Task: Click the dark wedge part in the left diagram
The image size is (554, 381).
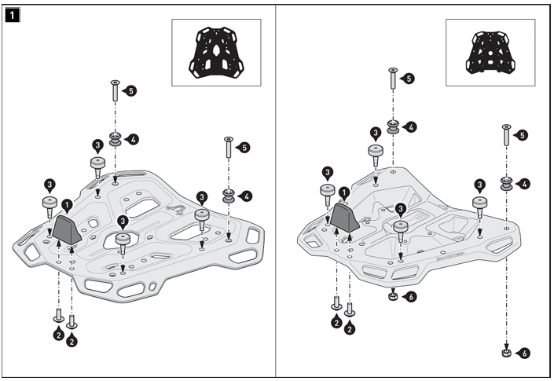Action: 65,229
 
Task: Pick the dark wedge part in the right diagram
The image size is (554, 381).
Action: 344,217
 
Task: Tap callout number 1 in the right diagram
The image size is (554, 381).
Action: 345,192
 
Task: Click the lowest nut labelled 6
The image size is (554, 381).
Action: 507,354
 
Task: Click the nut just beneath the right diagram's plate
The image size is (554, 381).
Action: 392,296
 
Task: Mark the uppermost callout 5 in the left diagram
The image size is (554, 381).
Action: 130,90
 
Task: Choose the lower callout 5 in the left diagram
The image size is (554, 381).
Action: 244,147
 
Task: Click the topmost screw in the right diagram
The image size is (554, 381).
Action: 391,79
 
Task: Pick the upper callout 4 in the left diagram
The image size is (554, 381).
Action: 134,139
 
